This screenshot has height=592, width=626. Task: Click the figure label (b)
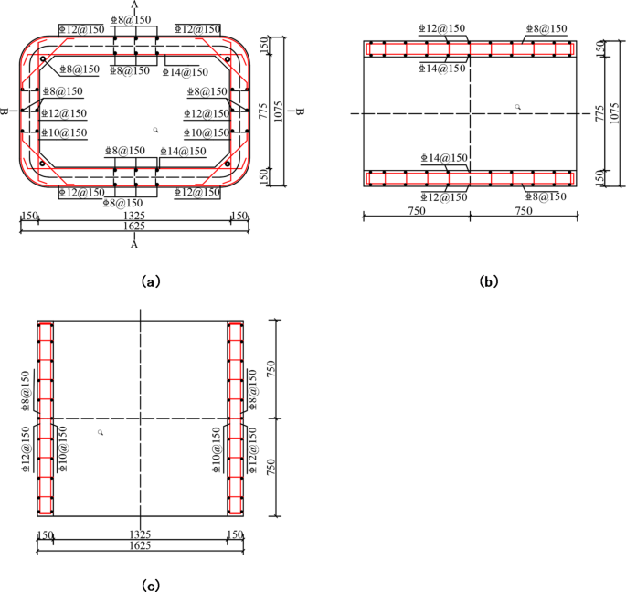click(x=489, y=282)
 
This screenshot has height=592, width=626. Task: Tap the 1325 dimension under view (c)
click(x=140, y=534)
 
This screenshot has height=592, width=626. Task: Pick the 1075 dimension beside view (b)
click(x=611, y=113)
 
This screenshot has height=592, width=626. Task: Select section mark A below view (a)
click(x=134, y=245)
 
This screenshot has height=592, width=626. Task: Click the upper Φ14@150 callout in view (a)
click(x=185, y=71)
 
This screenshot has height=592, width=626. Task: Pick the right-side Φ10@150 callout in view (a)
click(x=207, y=132)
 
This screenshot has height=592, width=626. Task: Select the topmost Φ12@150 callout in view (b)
click(x=443, y=29)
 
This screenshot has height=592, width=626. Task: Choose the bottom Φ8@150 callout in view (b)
click(x=546, y=196)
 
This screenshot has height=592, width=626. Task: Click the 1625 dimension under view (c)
click(x=140, y=544)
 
